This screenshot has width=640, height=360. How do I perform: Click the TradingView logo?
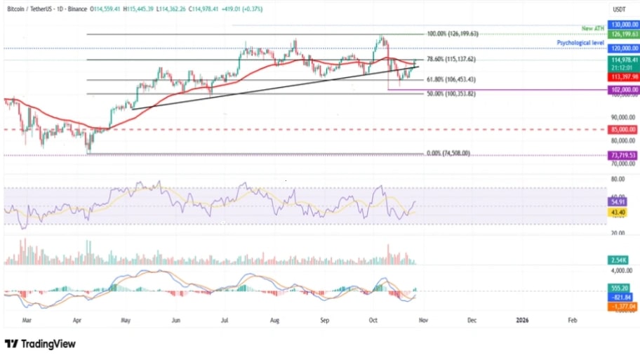40,344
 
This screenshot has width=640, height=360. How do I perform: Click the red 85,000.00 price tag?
622,130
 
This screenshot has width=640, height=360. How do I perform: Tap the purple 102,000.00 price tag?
622,90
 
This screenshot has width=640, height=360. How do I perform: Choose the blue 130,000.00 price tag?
622,24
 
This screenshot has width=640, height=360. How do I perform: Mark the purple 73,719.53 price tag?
622,155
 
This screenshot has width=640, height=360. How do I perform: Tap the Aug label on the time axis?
274,319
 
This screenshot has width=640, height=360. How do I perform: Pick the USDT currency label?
620,9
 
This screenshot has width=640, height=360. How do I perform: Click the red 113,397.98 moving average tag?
622,77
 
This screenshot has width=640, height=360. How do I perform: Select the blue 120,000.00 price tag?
622,48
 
